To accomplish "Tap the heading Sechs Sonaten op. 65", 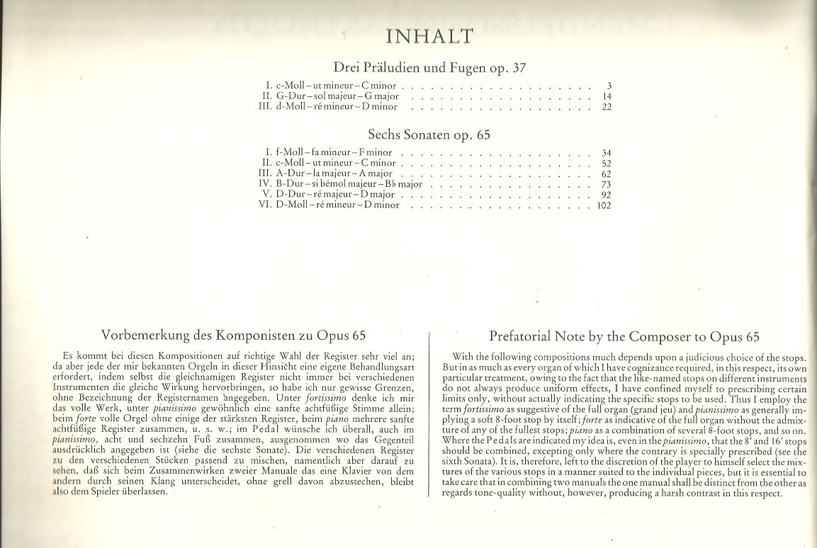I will [429, 135].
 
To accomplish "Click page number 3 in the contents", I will [609, 86].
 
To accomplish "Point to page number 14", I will [607, 96].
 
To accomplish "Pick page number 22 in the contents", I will [606, 107].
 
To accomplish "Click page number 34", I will [606, 153].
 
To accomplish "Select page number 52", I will [606, 164].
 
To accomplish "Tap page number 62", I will [606, 174].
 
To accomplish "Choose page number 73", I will [606, 185].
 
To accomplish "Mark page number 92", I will [606, 195].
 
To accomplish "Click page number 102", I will [604, 205].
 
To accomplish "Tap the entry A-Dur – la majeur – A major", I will [334, 174].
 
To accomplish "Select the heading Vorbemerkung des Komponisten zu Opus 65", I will [234, 335].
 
